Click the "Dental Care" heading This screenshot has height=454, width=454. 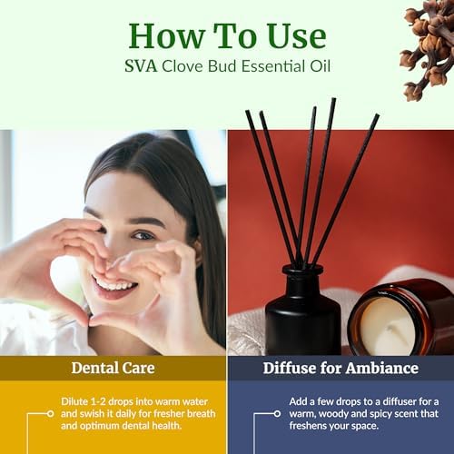(113, 368)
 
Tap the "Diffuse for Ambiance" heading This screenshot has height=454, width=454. (340, 368)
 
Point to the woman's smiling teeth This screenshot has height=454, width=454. (115, 284)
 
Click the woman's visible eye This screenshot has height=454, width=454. (143, 235)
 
